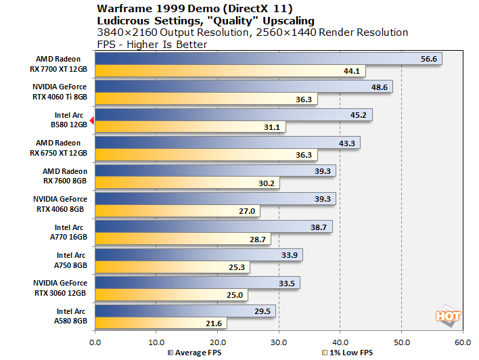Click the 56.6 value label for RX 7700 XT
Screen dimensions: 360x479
pyautogui.click(x=430, y=59)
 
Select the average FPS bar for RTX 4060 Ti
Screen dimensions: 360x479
pyautogui.click(x=244, y=87)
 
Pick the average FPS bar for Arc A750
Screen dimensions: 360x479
pyautogui.click(x=199, y=255)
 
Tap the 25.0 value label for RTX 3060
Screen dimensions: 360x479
pyautogui.click(x=236, y=296)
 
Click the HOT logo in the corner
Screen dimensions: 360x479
pyautogui.click(x=448, y=316)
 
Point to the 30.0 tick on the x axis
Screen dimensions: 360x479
pyautogui.click(x=279, y=342)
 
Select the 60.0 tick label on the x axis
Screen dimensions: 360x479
pyautogui.click(x=463, y=342)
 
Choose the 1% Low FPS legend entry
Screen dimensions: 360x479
pyautogui.click(x=348, y=353)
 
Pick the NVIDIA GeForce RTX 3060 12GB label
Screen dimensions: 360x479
pyautogui.click(x=60, y=288)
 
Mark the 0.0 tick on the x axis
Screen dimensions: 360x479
pyautogui.click(x=95, y=342)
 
